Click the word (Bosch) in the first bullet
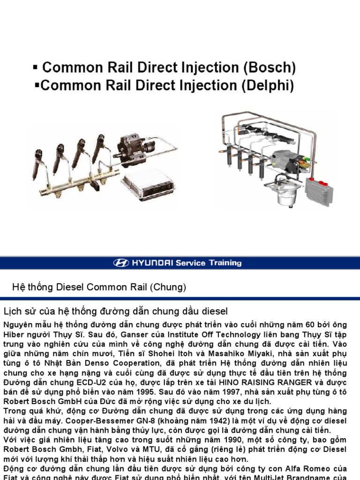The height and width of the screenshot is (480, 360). (269, 68)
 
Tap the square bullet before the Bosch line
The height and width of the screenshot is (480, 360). (35, 67)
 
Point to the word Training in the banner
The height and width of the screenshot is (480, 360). (225, 263)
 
